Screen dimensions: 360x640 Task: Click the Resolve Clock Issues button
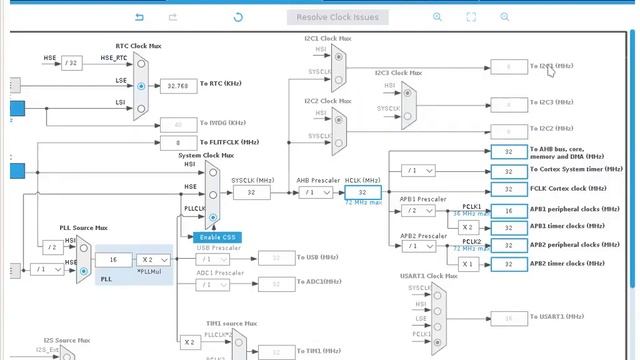[x=337, y=17]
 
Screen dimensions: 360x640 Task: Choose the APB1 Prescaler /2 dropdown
[x=415, y=211]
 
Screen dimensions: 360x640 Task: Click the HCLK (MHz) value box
[x=362, y=192]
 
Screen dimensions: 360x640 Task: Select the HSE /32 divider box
[x=71, y=62]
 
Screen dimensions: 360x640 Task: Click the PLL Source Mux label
[x=83, y=228]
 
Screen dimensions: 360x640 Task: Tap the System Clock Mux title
[x=206, y=156]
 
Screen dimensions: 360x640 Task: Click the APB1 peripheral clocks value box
[x=508, y=211]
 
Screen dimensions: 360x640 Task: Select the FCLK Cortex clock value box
[x=508, y=189]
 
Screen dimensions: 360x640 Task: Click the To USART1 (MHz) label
[x=557, y=318]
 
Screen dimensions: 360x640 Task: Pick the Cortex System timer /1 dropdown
[x=415, y=171]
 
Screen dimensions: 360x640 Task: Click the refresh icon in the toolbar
[x=238, y=17]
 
